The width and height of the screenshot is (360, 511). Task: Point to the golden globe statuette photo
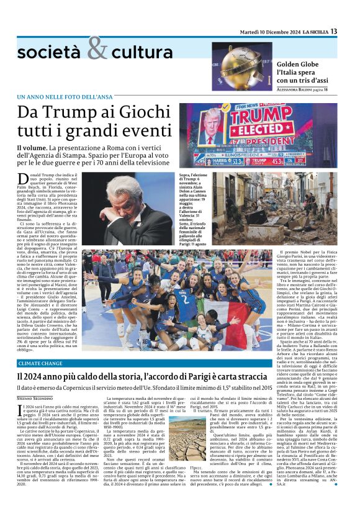tap(241, 66)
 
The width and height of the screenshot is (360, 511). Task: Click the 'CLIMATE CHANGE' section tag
tap(40, 362)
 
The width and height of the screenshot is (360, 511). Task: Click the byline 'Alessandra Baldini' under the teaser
tap(297, 90)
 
